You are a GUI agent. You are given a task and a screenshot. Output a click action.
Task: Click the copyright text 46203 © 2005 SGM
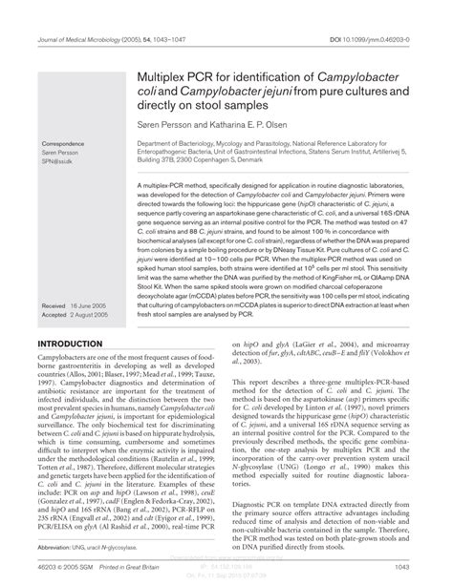click(x=61, y=563)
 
